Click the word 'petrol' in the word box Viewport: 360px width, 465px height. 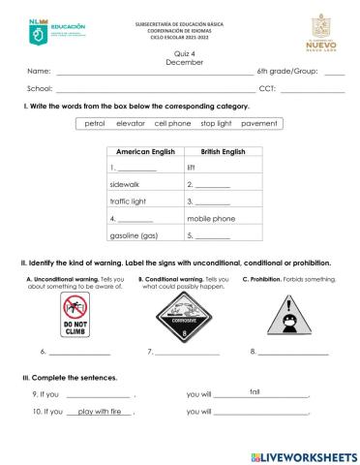click(95, 124)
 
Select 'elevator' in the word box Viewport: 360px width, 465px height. click(131, 124)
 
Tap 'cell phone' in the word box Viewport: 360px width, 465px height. click(173, 124)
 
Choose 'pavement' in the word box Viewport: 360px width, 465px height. click(258, 124)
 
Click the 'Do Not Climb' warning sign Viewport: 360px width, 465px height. click(74, 315)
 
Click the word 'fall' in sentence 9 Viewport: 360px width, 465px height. click(255, 390)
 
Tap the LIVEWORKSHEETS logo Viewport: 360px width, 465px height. click(303, 455)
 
